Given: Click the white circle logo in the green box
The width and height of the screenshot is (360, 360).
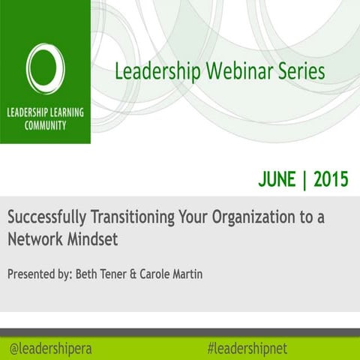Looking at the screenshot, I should (45, 68).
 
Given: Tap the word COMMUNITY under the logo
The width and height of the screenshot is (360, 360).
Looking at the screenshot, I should (45, 126).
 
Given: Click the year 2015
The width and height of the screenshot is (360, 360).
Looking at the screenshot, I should (331, 179).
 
